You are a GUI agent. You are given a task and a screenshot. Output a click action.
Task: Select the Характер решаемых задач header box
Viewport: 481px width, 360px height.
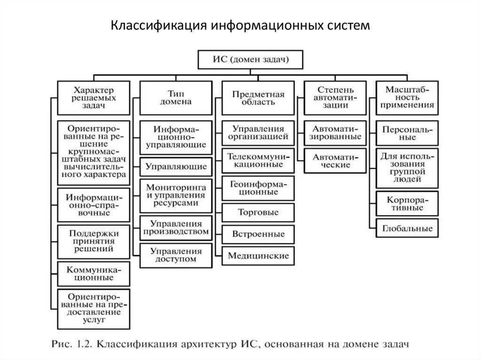coord(93,98)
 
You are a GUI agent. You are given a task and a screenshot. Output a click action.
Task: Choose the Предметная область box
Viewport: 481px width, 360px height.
coord(258,98)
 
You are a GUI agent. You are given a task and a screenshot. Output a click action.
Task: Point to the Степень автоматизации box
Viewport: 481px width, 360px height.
coord(335,98)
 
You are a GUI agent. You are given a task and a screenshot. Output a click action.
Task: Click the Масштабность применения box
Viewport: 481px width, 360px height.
coord(407,98)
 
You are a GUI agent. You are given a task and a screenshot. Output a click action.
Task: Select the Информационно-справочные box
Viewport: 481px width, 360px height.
coord(93,205)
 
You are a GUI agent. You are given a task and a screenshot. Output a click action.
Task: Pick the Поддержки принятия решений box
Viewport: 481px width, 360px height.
coord(93,241)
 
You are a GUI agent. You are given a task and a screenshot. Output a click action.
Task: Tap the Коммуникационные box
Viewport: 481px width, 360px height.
coord(93,274)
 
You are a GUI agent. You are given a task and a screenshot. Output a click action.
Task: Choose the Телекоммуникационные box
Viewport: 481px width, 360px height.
coord(258,160)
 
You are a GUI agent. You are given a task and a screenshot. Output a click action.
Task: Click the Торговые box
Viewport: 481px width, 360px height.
coord(258,212)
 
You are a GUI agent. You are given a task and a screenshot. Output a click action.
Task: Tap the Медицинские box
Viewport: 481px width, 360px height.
coord(258,256)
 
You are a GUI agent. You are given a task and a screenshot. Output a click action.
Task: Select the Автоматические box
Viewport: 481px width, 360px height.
coord(335,161)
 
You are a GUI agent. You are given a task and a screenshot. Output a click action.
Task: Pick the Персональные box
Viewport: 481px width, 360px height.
coord(407,133)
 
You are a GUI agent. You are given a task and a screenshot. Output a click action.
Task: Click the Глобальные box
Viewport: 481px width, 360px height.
coord(407,229)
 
